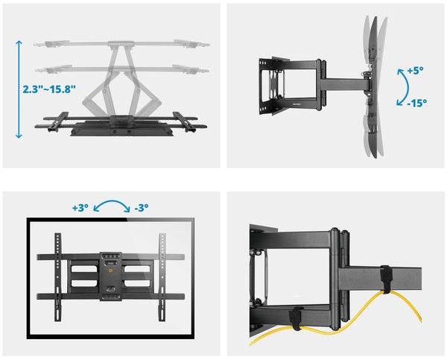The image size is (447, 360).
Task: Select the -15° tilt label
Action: pyautogui.click(x=416, y=104)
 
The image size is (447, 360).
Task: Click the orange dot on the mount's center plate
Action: pyautogui.click(x=111, y=273)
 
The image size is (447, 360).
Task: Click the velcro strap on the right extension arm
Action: pyautogui.click(x=386, y=278)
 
